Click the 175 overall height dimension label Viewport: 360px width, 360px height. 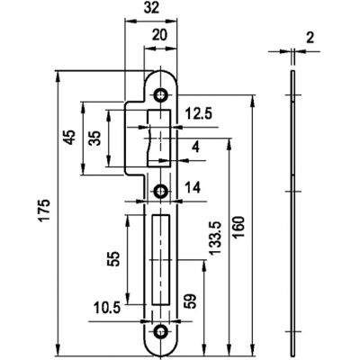click(45, 210)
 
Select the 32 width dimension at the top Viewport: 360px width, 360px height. click(151, 8)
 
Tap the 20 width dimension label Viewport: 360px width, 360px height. click(159, 35)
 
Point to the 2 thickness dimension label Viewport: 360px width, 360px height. click(310, 38)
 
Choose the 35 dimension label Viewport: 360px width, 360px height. click(94, 138)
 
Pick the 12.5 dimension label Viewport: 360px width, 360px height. click(198, 114)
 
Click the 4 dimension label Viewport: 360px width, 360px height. click(195, 148)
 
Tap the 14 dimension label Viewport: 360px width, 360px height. click(193, 188)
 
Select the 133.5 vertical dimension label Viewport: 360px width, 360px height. click(215, 238)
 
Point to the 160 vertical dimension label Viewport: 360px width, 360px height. click(239, 227)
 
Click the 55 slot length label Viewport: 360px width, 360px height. click(114, 259)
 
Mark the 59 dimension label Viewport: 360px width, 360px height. click(191, 301)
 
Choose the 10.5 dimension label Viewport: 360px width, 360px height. click(107, 308)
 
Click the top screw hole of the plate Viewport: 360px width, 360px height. click(160, 95)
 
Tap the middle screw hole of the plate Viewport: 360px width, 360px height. click(160, 191)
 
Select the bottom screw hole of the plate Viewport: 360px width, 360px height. click(160, 332)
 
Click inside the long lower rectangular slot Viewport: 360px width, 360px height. click(160, 260)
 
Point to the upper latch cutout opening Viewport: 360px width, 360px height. click(159, 139)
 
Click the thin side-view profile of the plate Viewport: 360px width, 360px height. click(292, 213)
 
